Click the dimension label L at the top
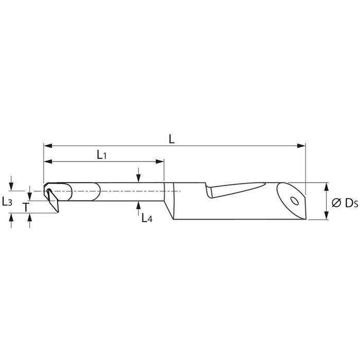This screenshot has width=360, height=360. pyautogui.click(x=171, y=139)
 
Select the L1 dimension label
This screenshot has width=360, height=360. pyautogui.click(x=101, y=154)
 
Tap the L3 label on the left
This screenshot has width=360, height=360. pyautogui.click(x=7, y=202)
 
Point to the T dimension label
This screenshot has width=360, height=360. pyautogui.click(x=26, y=207)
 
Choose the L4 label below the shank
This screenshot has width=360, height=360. pyautogui.click(x=147, y=218)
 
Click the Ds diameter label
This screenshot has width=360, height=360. pyautogui.click(x=351, y=203)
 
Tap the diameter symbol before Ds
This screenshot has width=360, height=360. pyautogui.click(x=336, y=203)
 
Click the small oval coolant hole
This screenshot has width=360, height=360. pyautogui.click(x=294, y=201)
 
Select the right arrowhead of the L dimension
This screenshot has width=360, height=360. pyautogui.click(x=301, y=146)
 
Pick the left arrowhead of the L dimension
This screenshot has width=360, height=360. pyautogui.click(x=48, y=146)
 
